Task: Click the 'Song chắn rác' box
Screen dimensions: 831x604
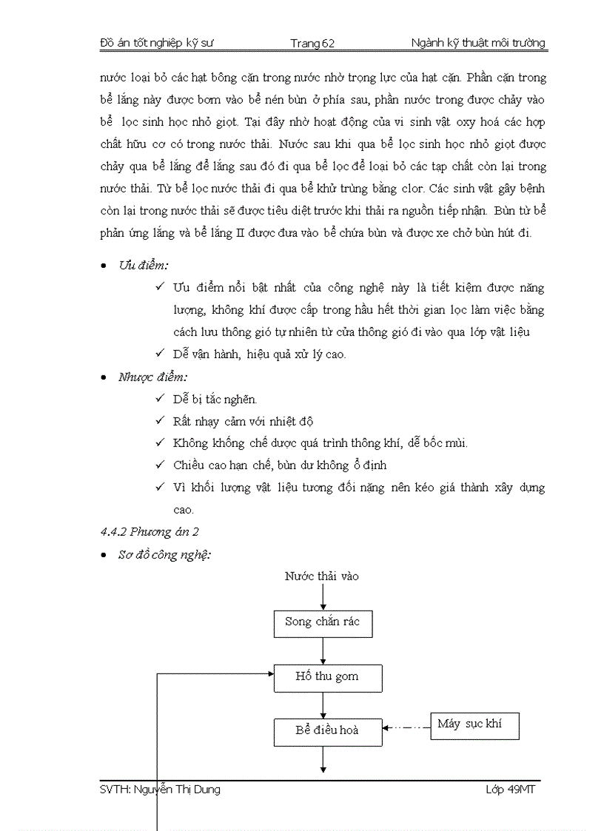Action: [x=323, y=623]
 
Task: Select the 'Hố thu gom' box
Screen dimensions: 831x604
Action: [x=327, y=677]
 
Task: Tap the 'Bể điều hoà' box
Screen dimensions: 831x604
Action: [x=327, y=730]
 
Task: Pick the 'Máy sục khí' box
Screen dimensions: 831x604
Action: [x=474, y=725]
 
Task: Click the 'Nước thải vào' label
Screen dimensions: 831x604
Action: [x=322, y=576]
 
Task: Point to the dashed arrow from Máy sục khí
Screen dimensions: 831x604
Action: [x=406, y=727]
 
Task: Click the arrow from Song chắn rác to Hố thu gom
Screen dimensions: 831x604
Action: [x=323, y=650]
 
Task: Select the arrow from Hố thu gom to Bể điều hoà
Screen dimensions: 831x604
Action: [x=323, y=704]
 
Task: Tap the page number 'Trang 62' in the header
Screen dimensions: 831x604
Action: [x=312, y=44]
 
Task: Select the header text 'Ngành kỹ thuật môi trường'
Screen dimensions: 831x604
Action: [x=478, y=43]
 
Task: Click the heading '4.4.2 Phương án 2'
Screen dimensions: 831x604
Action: [x=150, y=531]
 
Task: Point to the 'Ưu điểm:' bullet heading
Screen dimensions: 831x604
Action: [x=143, y=266]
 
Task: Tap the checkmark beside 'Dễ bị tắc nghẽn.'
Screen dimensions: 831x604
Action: [x=160, y=399]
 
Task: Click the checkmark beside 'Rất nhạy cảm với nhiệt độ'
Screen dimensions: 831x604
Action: [x=160, y=421]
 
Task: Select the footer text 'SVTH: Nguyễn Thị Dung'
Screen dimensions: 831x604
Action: [x=160, y=790]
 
